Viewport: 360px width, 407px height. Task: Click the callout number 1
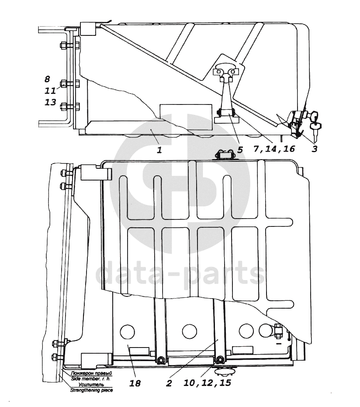[x=160, y=150]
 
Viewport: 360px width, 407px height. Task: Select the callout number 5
[x=240, y=150]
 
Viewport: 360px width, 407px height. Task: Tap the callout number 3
[x=315, y=149]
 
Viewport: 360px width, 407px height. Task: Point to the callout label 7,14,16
[x=274, y=149]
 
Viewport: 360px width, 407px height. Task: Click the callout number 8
[x=47, y=79]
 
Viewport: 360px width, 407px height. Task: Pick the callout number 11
[x=50, y=90]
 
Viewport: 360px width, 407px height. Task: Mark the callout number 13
[x=50, y=102]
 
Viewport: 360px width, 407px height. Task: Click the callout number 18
[x=135, y=383]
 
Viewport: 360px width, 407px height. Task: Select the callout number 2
[x=169, y=383]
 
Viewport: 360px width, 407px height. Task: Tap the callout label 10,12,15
[x=207, y=383]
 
